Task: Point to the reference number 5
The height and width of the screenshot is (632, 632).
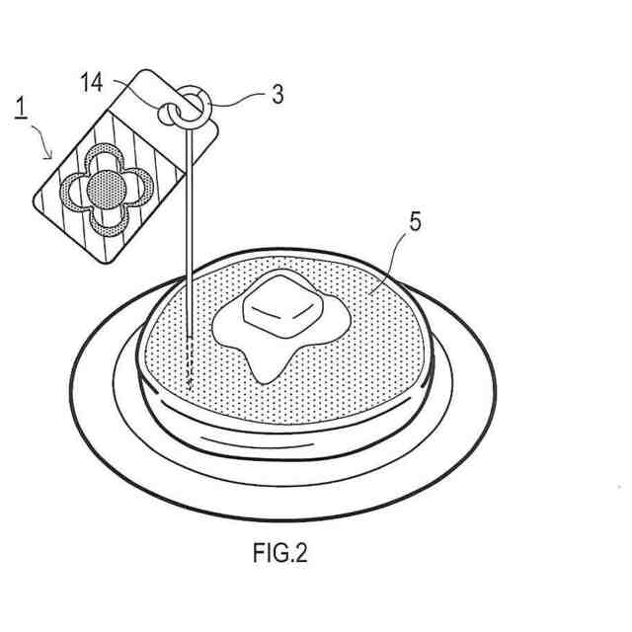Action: click(415, 221)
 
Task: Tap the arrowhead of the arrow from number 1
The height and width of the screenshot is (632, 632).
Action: click(51, 156)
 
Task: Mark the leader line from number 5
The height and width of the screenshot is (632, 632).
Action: click(390, 262)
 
